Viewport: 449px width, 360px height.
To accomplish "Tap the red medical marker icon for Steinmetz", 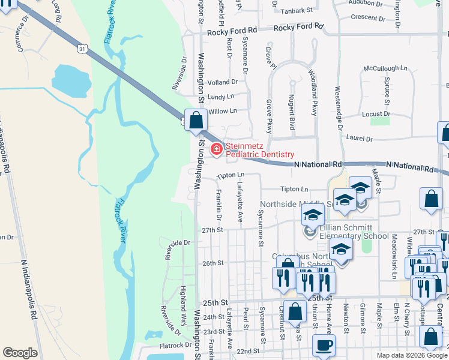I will (215, 149).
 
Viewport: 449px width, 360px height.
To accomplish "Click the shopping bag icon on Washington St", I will (196, 120).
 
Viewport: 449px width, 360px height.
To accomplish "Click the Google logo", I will (20, 353).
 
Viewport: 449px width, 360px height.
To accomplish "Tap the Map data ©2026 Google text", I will (411, 355).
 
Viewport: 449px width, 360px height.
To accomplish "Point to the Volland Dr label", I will (222, 82).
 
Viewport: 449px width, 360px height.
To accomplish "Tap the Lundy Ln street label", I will (221, 97).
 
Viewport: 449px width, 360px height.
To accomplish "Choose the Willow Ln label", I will (223, 111).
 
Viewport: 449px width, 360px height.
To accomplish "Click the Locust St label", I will (376, 113).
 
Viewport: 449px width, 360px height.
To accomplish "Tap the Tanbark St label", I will (298, 10).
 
